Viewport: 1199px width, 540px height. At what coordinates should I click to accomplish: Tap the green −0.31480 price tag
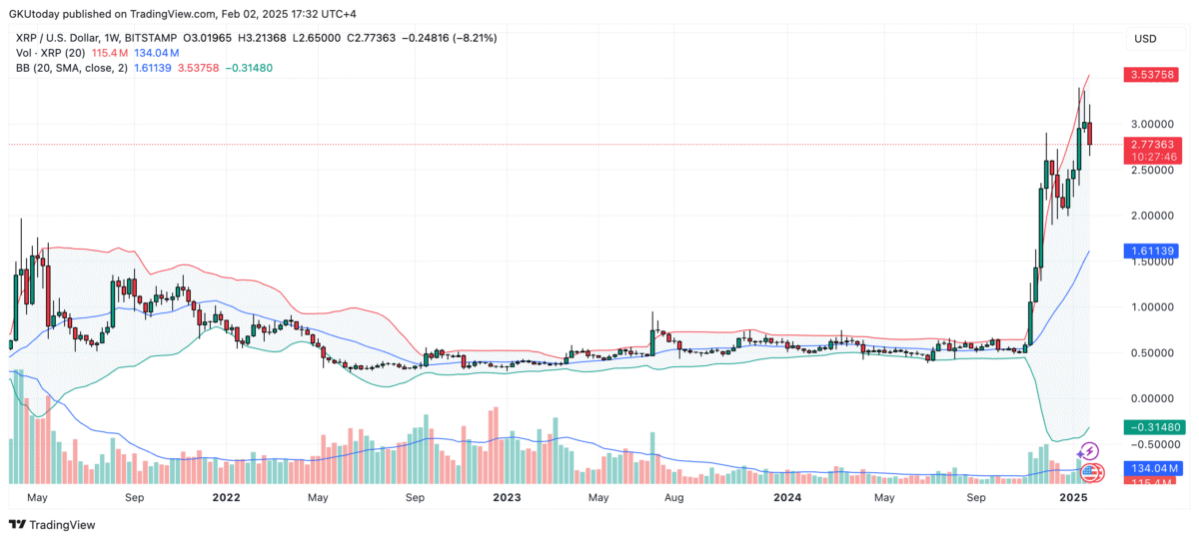1152,426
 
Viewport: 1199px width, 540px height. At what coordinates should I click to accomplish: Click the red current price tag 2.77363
1152,144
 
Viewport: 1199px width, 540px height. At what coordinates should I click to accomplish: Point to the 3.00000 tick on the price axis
1152,124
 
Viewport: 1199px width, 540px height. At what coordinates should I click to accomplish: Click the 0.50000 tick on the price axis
1152,352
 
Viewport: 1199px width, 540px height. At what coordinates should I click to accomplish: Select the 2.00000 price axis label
1152,215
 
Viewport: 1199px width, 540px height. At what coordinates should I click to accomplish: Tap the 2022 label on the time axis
227,496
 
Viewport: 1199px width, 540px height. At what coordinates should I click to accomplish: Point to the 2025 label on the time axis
1072,496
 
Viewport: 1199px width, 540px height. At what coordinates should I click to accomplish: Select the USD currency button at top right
1145,38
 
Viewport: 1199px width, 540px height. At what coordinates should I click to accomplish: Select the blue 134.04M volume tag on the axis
1152,468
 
